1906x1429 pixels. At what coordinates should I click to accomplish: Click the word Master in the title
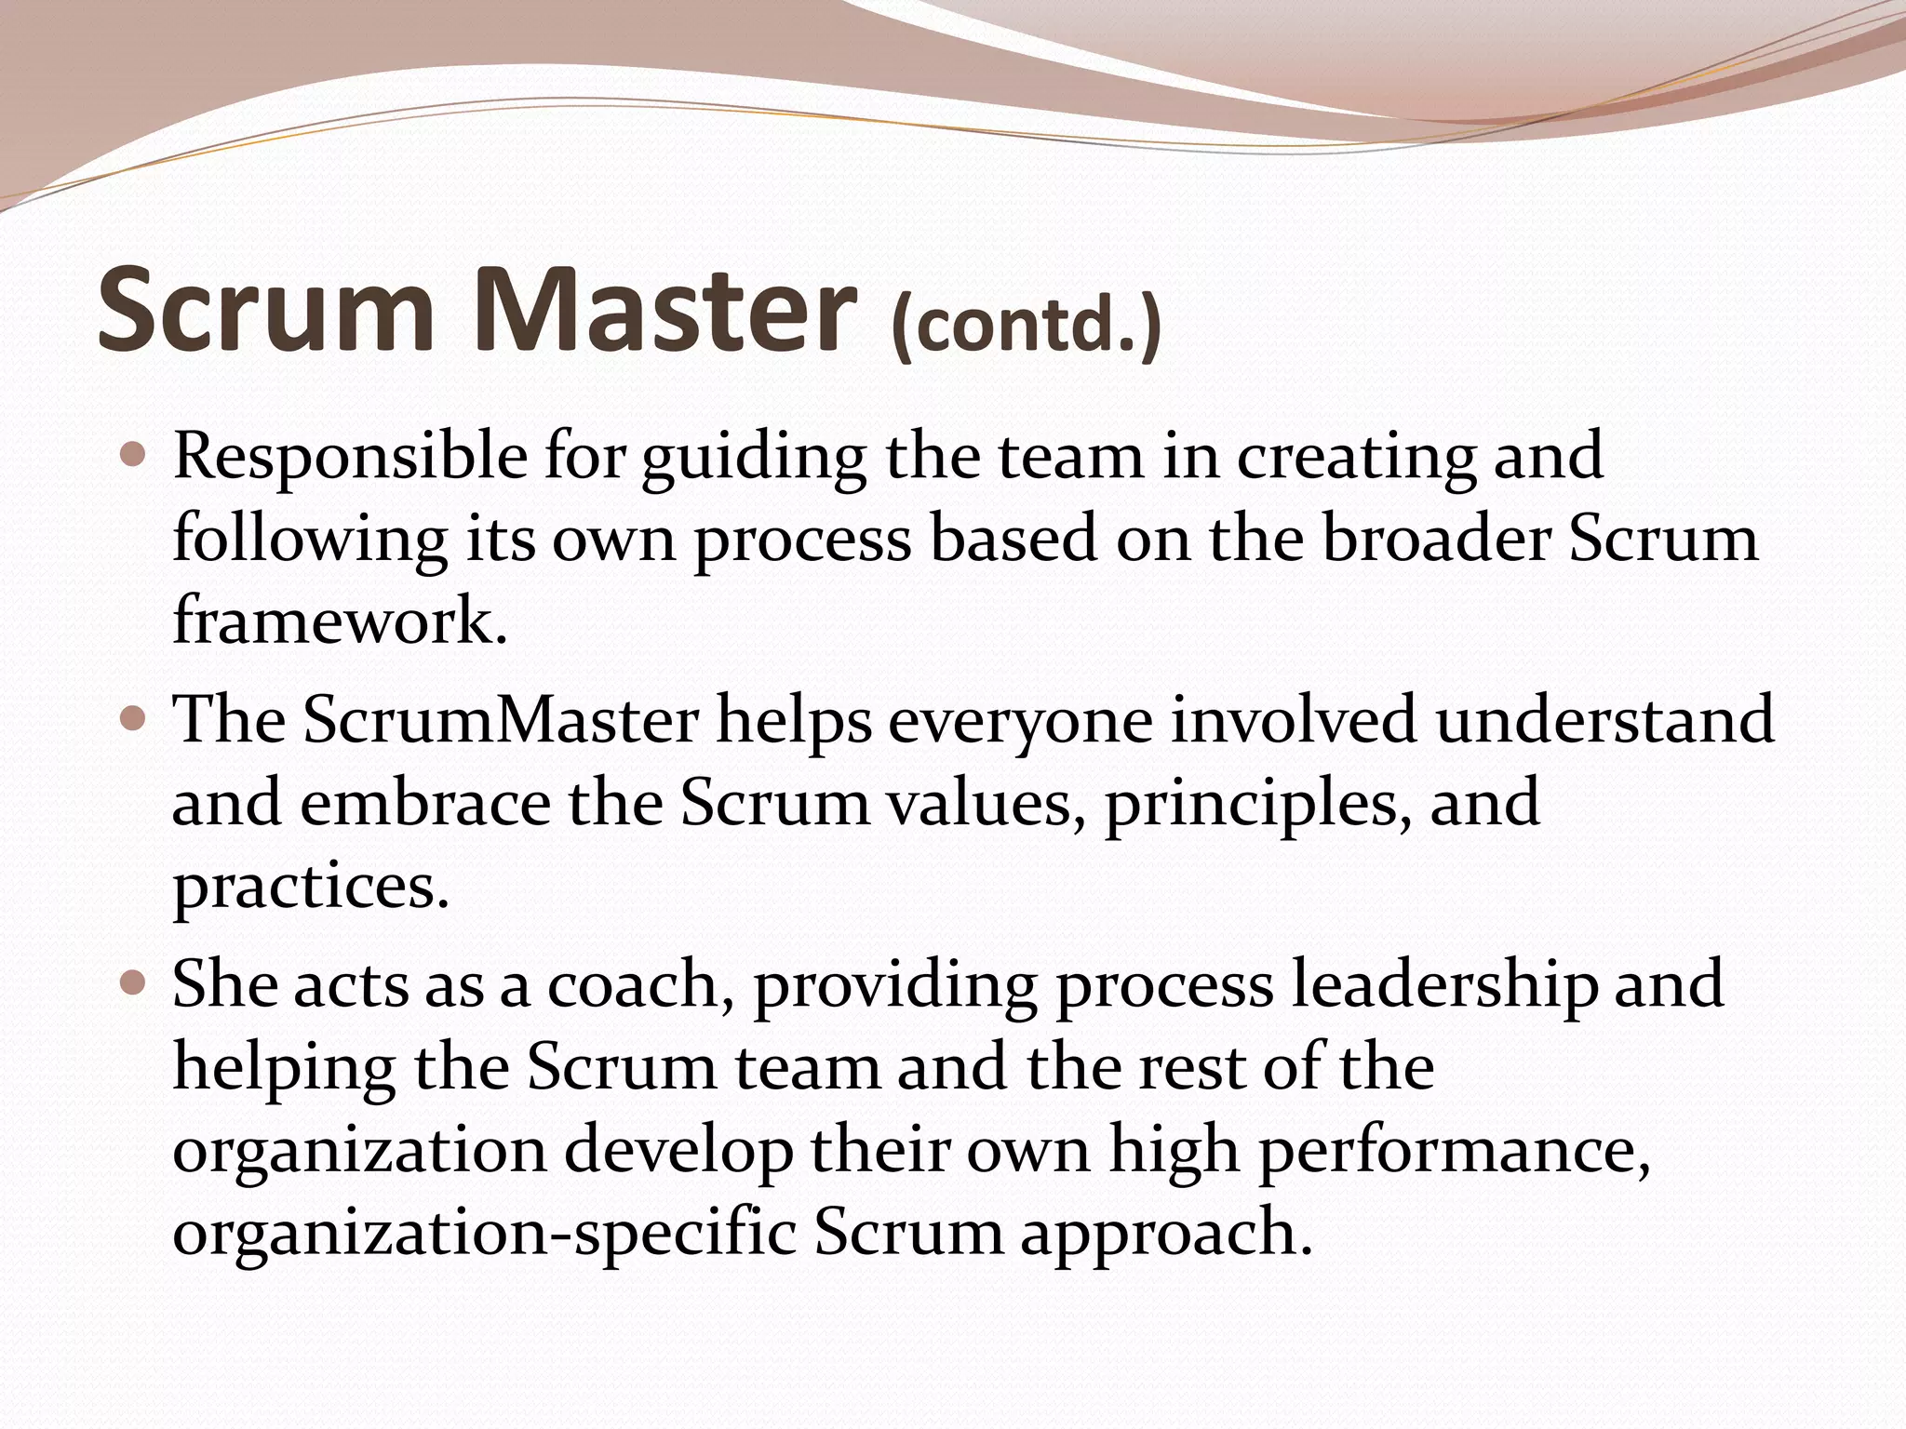point(664,308)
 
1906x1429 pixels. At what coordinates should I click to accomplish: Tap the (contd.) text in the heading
point(1025,325)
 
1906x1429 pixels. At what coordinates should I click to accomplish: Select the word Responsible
point(349,459)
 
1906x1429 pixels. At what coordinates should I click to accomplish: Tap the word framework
point(340,621)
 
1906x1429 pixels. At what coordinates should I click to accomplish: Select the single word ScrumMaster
point(500,720)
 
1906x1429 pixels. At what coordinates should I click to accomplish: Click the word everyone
point(1020,722)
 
